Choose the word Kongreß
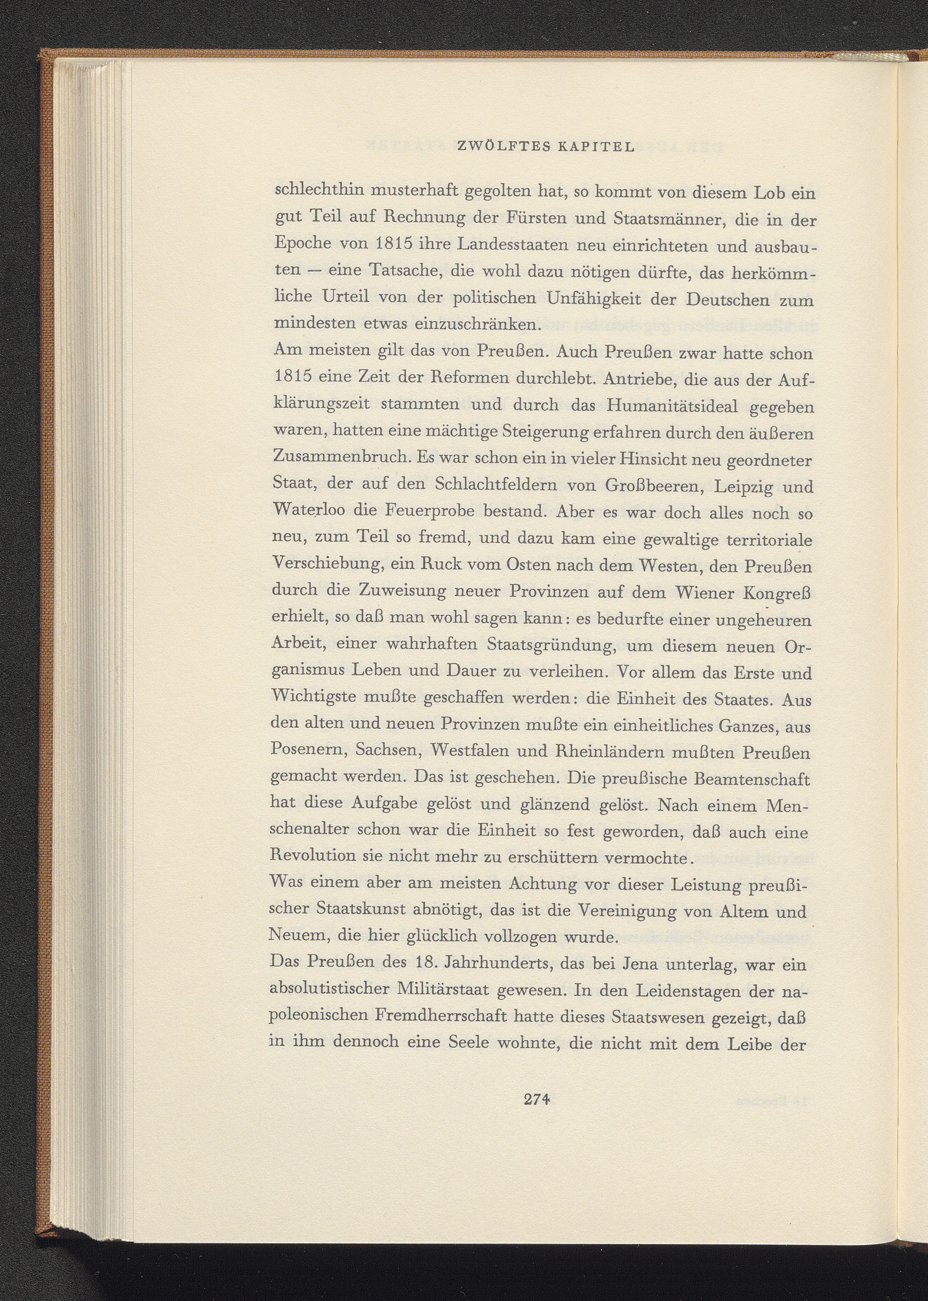(x=777, y=593)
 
